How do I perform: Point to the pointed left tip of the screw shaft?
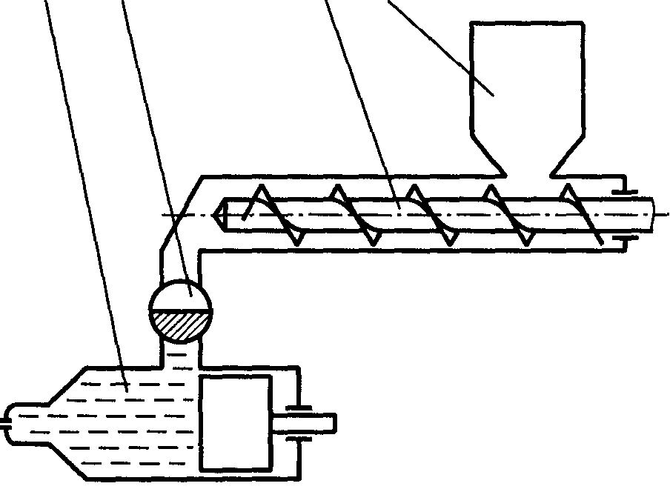[219, 215]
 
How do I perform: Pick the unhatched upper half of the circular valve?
[181, 296]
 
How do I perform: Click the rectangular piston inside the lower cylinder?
[235, 422]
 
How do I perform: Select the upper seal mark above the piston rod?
[300, 406]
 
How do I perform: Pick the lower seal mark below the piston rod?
[300, 440]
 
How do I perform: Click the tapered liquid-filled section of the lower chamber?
[59, 422]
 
